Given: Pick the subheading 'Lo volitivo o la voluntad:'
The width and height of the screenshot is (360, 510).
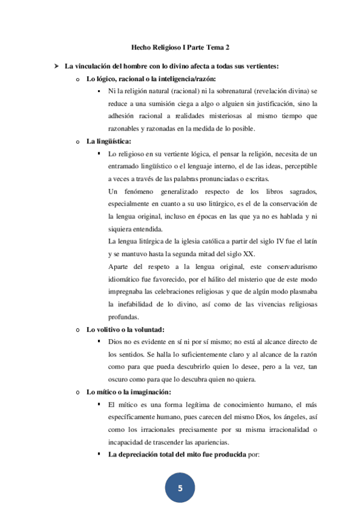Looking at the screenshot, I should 125,329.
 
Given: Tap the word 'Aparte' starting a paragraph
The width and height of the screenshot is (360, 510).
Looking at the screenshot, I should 119,266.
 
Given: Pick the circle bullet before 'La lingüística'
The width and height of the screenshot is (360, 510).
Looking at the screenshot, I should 78,142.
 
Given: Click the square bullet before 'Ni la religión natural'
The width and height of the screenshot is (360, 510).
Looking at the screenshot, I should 99,91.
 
